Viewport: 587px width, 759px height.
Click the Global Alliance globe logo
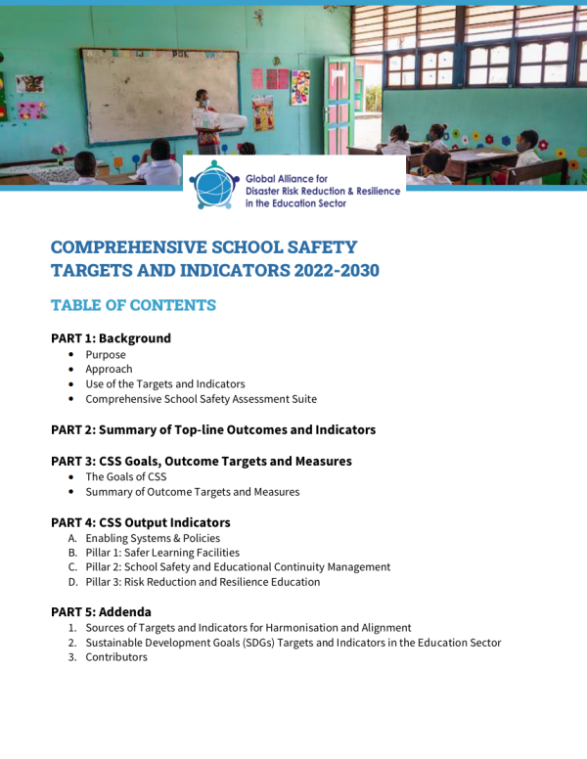(213, 184)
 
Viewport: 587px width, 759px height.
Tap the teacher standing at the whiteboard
(204, 120)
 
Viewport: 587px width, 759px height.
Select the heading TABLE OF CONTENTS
(133, 305)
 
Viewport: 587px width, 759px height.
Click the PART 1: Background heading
(111, 338)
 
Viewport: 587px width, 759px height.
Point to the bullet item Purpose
(106, 354)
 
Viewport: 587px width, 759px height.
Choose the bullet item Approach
(109, 369)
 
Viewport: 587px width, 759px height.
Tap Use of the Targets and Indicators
(164, 384)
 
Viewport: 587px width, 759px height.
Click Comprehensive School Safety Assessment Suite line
(201, 399)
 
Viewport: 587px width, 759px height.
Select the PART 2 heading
(212, 429)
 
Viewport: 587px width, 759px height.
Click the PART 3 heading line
(201, 461)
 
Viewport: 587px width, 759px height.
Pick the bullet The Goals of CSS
(125, 476)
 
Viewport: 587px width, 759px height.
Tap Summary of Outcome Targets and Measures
(192, 492)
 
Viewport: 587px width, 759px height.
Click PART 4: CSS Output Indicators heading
(140, 522)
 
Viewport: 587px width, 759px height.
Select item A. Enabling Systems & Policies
(152, 538)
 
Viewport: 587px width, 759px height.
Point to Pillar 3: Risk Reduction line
(202, 582)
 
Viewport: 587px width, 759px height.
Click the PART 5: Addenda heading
(101, 612)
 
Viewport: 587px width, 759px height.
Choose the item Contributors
(115, 657)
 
